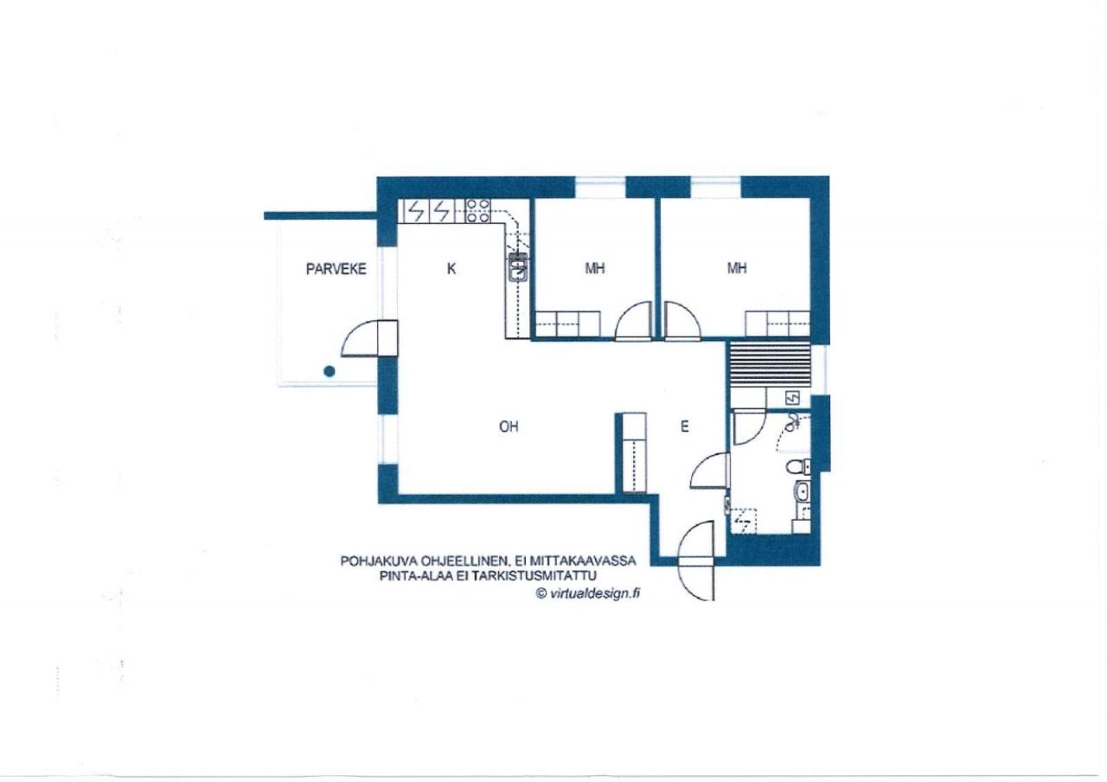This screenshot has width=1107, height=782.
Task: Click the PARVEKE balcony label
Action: [x=336, y=269]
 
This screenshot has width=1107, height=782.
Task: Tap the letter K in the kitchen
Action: [x=451, y=269]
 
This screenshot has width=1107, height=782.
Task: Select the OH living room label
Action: [x=509, y=426]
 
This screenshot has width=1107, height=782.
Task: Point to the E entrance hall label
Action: [x=684, y=426]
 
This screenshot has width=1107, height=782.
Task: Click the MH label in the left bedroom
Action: [x=595, y=268]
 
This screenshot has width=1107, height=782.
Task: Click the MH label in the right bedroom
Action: [x=737, y=268]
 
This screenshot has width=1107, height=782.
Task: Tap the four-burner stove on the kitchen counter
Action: [x=478, y=210]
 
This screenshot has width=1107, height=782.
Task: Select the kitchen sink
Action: [x=518, y=267]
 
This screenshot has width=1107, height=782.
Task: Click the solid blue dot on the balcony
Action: [x=330, y=371]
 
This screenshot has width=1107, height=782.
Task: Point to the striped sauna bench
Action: [x=770, y=364]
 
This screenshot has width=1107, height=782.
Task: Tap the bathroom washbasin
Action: [x=802, y=492]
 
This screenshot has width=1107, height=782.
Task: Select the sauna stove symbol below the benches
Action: [x=792, y=397]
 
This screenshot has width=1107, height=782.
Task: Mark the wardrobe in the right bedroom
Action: [x=777, y=324]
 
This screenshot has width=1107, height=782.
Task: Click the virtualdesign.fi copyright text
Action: [x=588, y=593]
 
